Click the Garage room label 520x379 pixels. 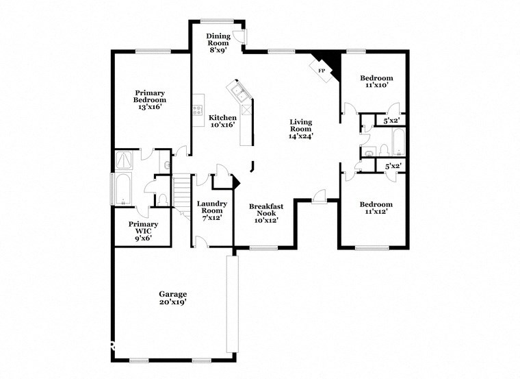[173, 294]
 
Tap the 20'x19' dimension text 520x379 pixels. [173, 302]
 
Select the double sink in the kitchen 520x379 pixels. [239, 91]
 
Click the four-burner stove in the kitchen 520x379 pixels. [198, 108]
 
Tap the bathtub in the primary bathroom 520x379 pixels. [122, 190]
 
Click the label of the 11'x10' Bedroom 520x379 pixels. [376, 82]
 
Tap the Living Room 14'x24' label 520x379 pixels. [300, 128]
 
